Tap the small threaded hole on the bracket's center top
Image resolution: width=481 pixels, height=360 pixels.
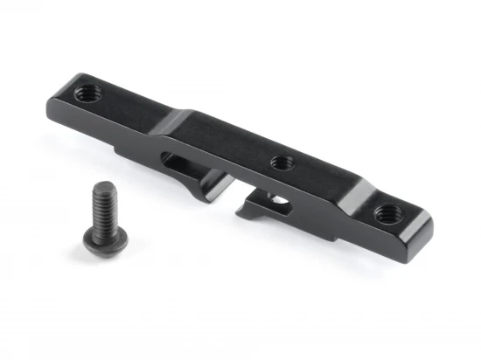point(281,162)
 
